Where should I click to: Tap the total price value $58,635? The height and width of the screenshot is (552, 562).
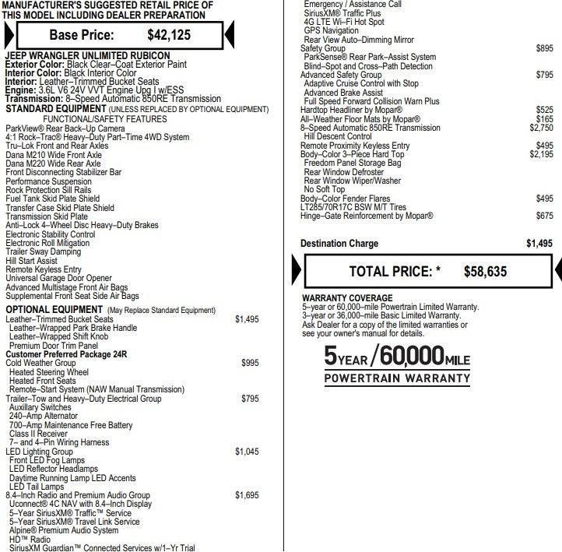[x=485, y=272]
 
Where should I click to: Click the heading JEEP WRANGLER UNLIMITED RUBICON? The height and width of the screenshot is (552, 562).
[x=87, y=56]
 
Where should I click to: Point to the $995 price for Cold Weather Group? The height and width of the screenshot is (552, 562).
[x=249, y=363]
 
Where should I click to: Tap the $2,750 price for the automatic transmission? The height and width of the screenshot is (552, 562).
[x=541, y=128]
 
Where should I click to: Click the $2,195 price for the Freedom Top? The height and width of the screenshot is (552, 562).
[x=541, y=154]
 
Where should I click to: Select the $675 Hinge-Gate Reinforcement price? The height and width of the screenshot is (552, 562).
[x=544, y=216]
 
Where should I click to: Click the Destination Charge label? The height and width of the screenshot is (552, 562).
[x=339, y=244]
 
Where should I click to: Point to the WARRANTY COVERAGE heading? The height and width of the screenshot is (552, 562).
[x=347, y=298]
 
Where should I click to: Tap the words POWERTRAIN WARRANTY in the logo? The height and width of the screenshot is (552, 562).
[x=397, y=378]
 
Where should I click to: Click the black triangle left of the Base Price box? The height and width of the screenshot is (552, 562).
[x=9, y=34]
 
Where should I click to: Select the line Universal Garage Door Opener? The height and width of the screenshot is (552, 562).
[x=58, y=279]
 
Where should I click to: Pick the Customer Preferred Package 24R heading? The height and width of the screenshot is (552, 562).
[x=66, y=354]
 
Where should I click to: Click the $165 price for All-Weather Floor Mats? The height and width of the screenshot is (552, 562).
[x=544, y=119]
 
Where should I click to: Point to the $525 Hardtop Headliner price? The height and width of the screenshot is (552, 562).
[x=544, y=111]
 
